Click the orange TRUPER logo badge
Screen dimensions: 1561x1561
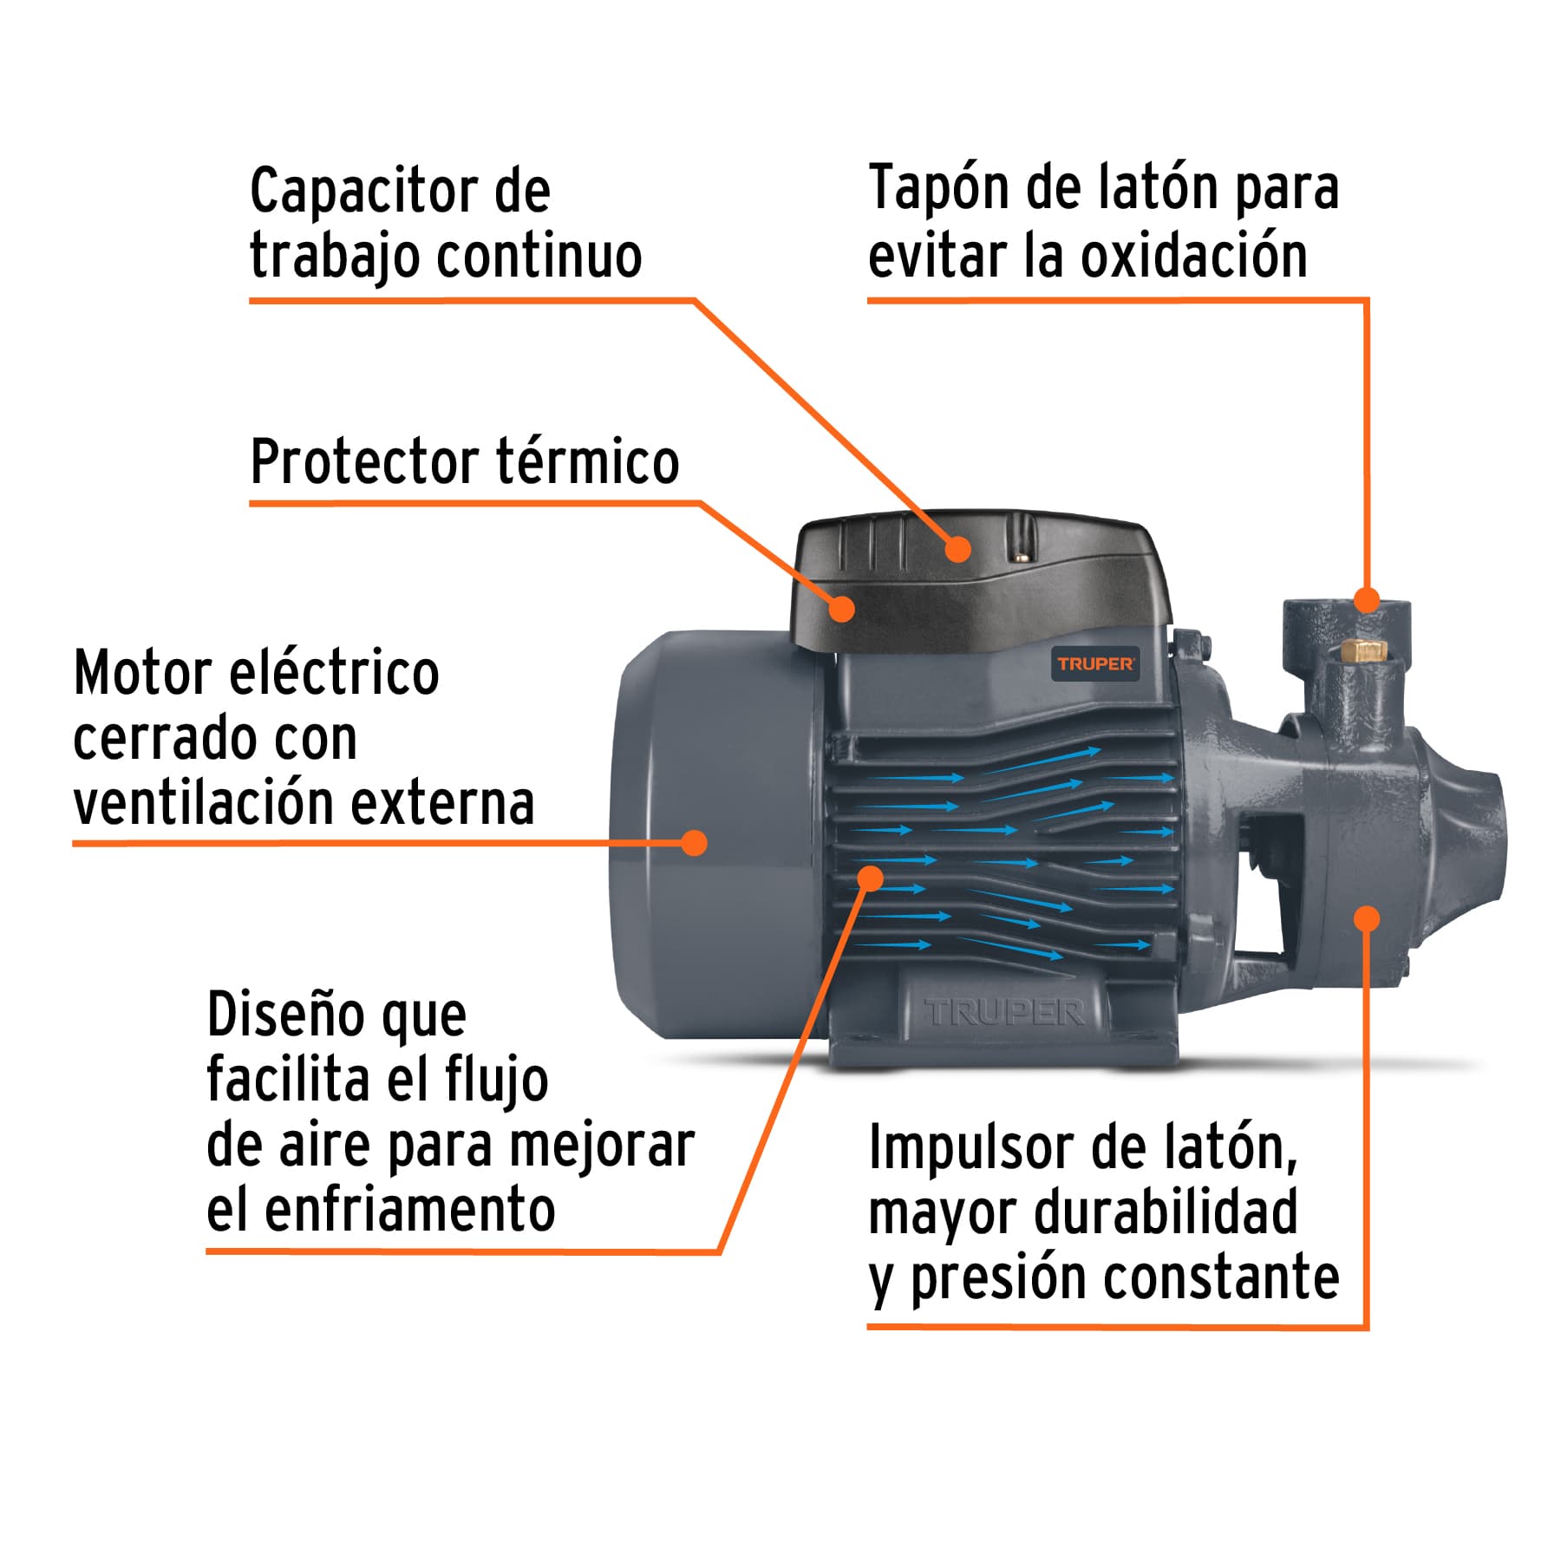1095,664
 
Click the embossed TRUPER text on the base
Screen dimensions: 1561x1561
1004,1012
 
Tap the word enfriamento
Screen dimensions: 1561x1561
409,1210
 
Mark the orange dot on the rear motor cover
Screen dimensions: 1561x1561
694,842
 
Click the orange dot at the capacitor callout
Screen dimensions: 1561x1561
957,548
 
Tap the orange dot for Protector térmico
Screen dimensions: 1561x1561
841,608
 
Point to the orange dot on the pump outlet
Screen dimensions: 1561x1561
1366,599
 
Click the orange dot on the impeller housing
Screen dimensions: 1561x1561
1367,918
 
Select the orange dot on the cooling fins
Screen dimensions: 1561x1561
870,878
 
